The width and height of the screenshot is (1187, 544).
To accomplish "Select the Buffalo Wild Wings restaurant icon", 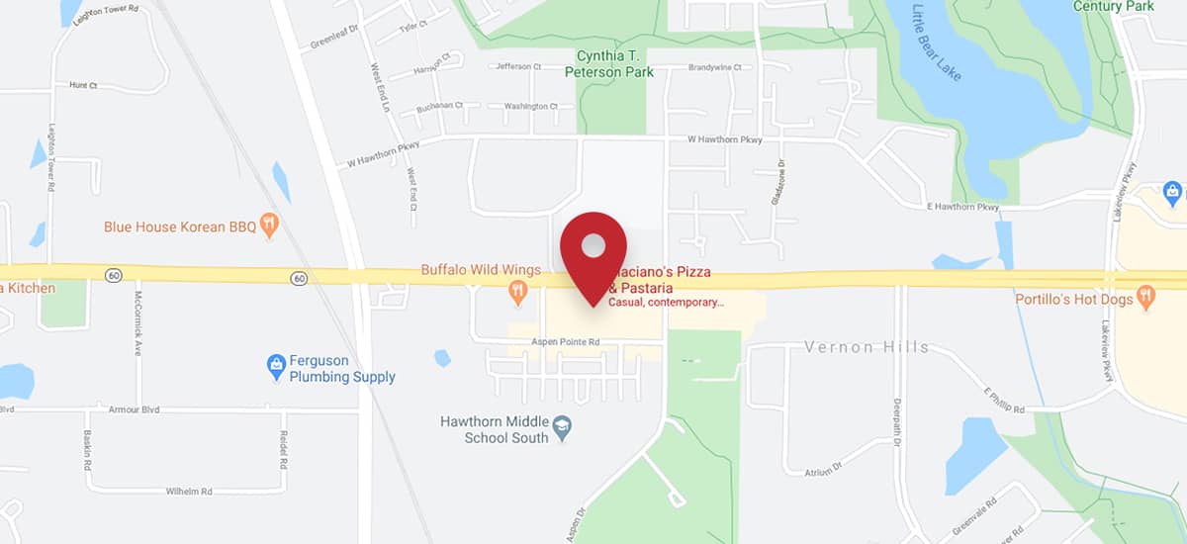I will (516, 290).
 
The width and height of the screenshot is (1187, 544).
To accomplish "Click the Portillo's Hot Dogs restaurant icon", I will (1146, 297).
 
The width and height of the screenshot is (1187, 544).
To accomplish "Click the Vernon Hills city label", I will (866, 347).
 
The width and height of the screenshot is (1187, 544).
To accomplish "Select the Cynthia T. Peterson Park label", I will (609, 63).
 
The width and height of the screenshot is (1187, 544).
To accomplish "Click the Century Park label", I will (1113, 7).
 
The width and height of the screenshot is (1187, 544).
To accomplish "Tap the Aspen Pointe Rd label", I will (566, 341).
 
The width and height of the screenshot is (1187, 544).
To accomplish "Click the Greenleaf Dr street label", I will (333, 38).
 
